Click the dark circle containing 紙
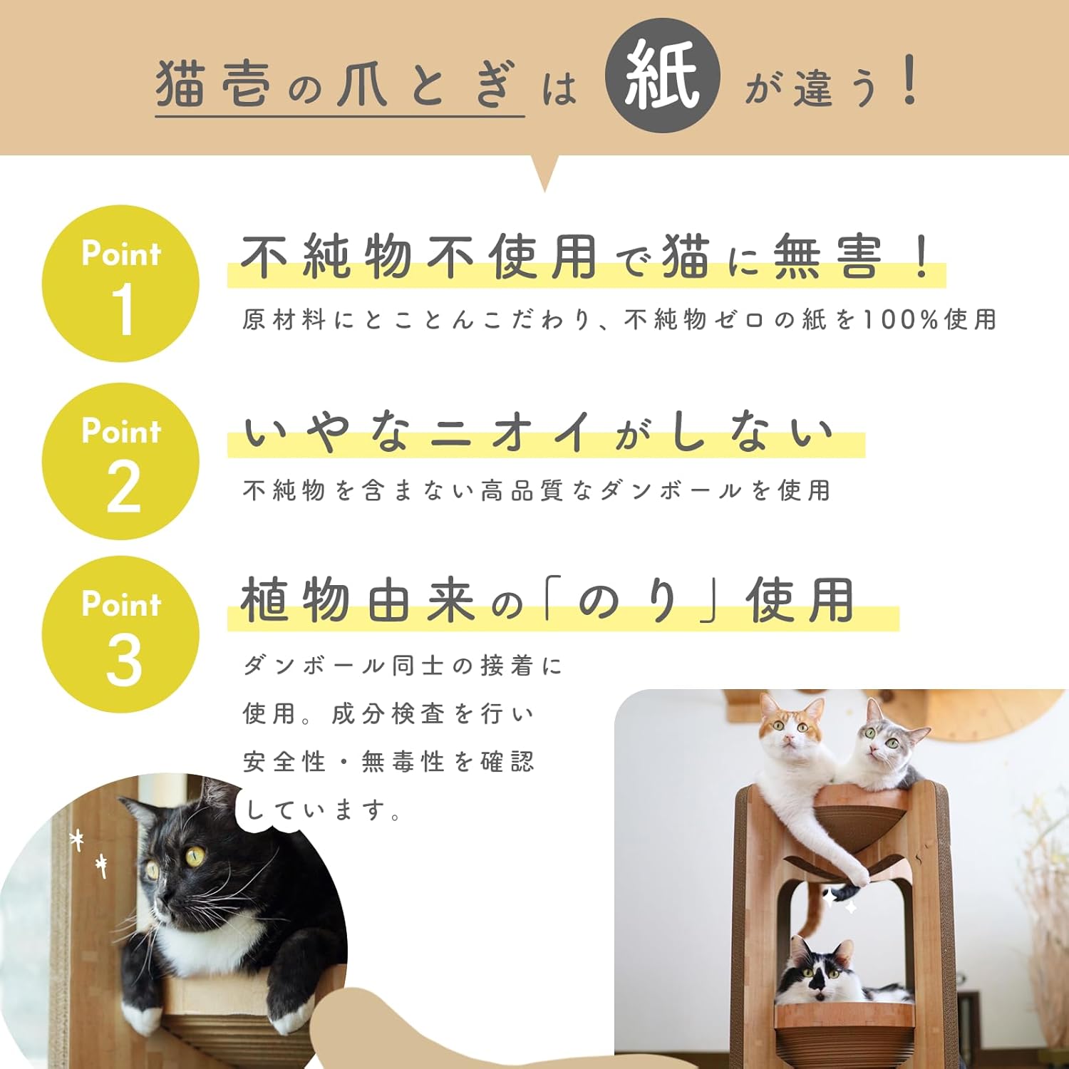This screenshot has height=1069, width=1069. point(662,76)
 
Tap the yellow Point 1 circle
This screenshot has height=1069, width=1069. point(120,284)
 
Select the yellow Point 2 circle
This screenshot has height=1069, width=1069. point(120,461)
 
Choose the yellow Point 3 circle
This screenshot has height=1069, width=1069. point(120,634)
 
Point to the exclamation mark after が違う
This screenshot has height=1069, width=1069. point(909,80)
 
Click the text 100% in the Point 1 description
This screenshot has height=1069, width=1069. point(899,320)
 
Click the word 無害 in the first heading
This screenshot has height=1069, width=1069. point(827,257)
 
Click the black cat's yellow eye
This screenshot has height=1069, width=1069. point(194,855)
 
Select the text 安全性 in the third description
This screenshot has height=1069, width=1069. point(284,762)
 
